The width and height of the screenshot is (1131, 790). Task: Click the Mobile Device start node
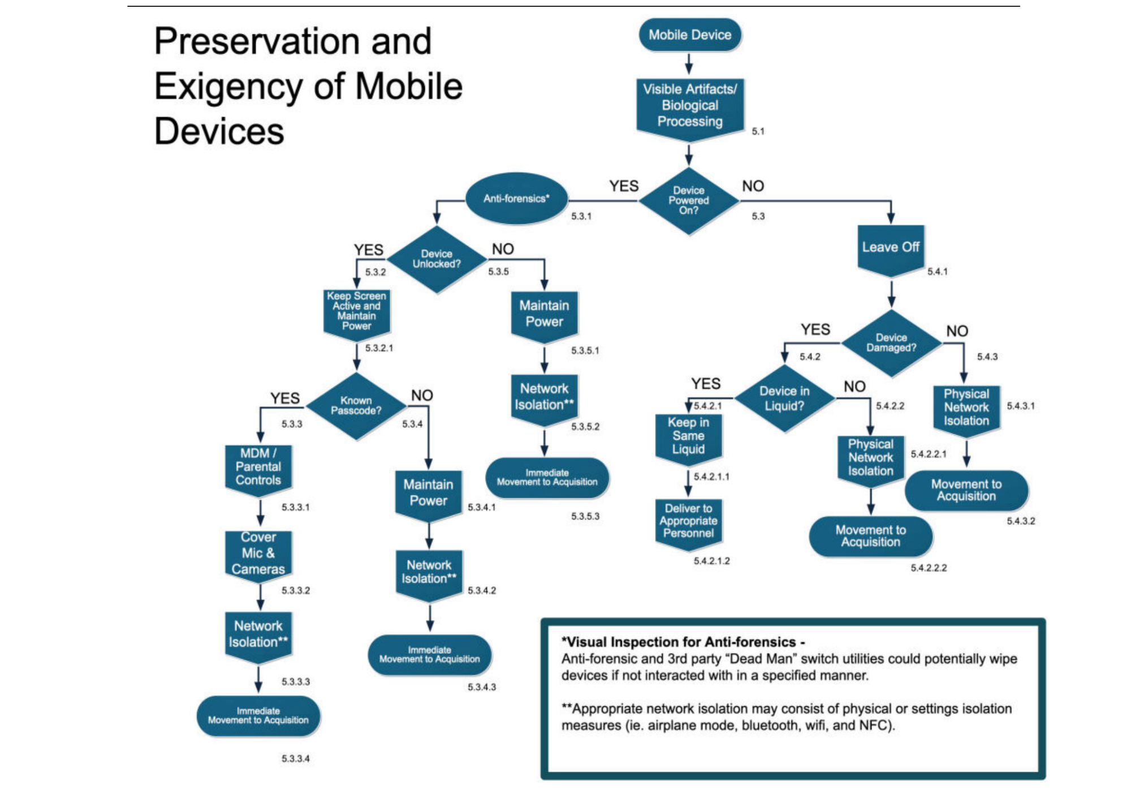[x=689, y=35]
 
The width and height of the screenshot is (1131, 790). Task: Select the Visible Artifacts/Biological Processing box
[x=689, y=105]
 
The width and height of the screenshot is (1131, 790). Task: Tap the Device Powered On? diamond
[x=688, y=201]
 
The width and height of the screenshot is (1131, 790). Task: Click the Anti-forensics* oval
[x=516, y=199]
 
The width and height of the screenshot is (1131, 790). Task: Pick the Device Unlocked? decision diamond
[x=436, y=259]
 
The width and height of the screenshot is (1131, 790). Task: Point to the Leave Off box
[x=890, y=248]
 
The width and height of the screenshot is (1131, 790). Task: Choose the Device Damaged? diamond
[x=891, y=343]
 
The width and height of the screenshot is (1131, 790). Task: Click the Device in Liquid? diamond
[x=784, y=398]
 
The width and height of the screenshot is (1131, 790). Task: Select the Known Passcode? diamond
[x=356, y=406]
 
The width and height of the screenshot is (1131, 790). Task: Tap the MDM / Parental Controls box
[x=258, y=467]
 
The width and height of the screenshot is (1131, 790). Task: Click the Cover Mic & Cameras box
[x=258, y=553]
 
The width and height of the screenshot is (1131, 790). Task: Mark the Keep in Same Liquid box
[x=688, y=436]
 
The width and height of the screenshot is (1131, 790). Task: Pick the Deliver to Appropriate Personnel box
[x=688, y=521]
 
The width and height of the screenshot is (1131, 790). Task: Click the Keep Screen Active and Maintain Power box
[x=356, y=311]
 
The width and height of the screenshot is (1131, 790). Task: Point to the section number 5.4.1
[x=937, y=272]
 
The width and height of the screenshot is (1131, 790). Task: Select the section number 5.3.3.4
[x=295, y=758]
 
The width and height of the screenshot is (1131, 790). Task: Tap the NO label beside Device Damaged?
[x=957, y=331]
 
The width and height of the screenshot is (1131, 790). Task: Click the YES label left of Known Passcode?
[x=285, y=398]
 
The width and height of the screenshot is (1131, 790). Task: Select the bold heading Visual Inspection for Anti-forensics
[x=683, y=642]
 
